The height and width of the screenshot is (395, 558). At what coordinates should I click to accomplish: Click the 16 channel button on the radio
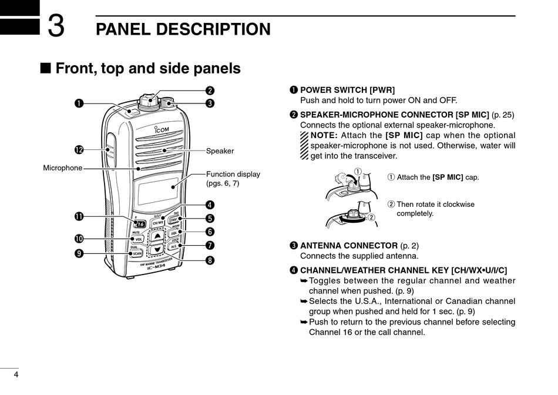pyautogui.click(x=140, y=224)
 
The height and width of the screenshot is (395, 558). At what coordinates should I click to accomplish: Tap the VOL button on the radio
pyautogui.click(x=139, y=239)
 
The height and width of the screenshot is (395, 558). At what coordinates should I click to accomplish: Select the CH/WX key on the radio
pyautogui.click(x=158, y=223)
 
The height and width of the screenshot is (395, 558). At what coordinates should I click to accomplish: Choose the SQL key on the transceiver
pyautogui.click(x=174, y=233)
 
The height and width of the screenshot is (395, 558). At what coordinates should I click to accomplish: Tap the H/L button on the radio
pyautogui.click(x=173, y=247)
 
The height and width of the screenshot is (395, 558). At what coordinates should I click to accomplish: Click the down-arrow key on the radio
pyautogui.click(x=156, y=249)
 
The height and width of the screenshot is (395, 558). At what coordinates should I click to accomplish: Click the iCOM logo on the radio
pyautogui.click(x=161, y=130)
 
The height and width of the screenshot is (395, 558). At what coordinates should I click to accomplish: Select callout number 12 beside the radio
pyautogui.click(x=79, y=150)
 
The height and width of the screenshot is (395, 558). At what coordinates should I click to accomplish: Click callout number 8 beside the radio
pyautogui.click(x=210, y=260)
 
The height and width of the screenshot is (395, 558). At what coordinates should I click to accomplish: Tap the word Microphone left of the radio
pyautogui.click(x=63, y=168)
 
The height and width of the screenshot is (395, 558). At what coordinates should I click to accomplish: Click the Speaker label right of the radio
pyautogui.click(x=220, y=151)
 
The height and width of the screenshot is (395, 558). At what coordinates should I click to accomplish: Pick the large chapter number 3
pyautogui.click(x=56, y=26)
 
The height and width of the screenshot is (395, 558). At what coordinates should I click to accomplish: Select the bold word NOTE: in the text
pyautogui.click(x=324, y=136)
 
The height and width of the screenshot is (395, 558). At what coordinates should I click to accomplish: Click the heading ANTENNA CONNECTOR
pyautogui.click(x=349, y=246)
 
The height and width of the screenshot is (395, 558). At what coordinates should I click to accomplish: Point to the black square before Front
pyautogui.click(x=45, y=69)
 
